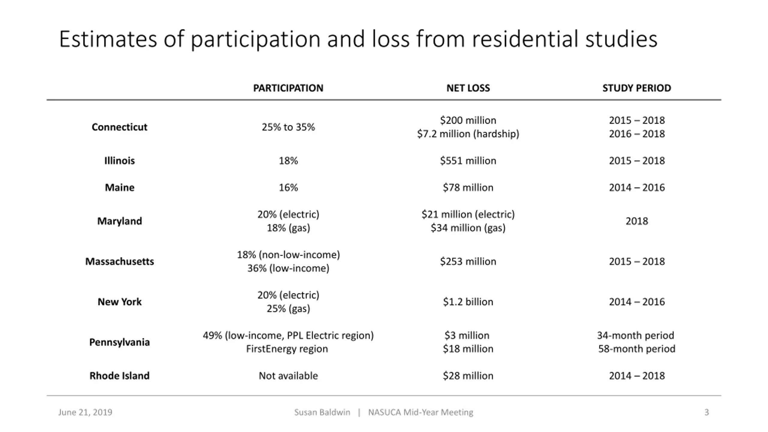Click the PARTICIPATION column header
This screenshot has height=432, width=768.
click(288, 88)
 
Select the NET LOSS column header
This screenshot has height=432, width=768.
click(468, 88)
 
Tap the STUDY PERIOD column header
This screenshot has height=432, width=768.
click(637, 88)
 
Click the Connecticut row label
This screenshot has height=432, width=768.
click(119, 127)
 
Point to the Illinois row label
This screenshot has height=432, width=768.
click(119, 160)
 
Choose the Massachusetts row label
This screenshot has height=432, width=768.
click(119, 261)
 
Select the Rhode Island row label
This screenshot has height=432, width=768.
click(119, 376)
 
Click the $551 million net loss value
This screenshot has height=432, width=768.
click(468, 160)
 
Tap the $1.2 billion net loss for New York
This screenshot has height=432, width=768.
click(468, 301)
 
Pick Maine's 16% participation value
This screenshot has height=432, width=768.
click(288, 187)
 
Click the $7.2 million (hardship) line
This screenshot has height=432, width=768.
click(468, 134)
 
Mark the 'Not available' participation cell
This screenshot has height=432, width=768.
click(288, 376)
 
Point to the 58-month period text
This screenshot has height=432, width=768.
click(637, 349)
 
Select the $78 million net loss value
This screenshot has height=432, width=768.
click(468, 187)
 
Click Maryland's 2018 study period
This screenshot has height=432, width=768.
click(637, 221)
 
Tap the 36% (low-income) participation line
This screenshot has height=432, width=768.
click(288, 268)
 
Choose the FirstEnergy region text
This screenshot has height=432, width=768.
click(287, 349)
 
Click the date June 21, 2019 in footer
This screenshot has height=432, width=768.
click(85, 412)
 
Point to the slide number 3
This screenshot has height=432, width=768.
click(706, 412)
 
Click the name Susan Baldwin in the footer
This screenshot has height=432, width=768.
click(322, 412)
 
